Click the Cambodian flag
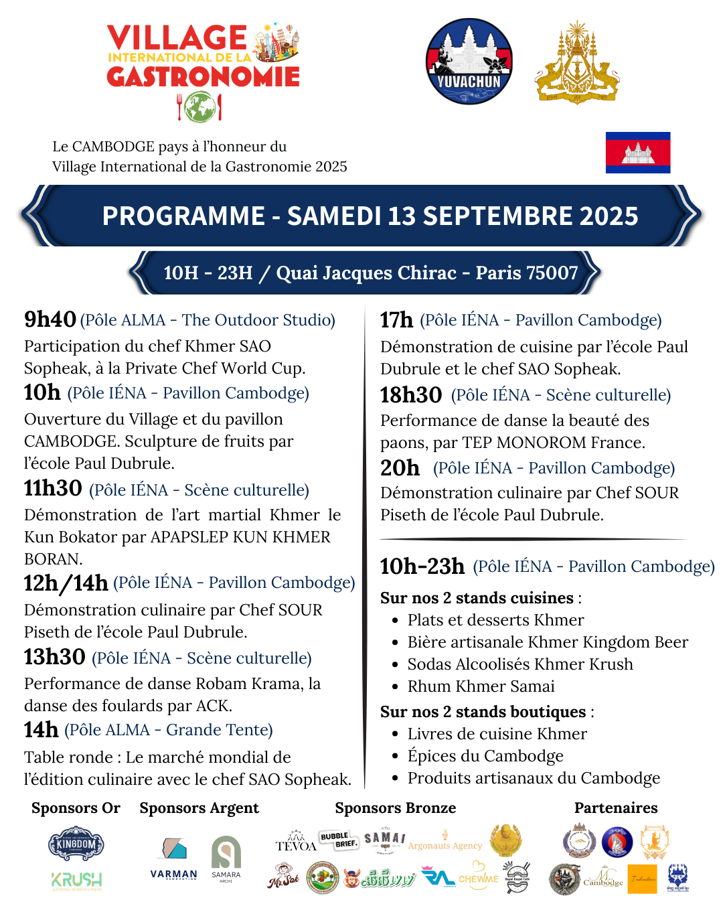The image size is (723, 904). pyautogui.click(x=637, y=153)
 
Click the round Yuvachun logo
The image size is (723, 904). pyautogui.click(x=469, y=62)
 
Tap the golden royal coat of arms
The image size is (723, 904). pyautogui.click(x=576, y=62)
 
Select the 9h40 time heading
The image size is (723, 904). pyautogui.click(x=50, y=319)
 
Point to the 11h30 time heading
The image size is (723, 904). pyautogui.click(x=53, y=488)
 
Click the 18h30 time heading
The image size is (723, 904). pyautogui.click(x=411, y=395)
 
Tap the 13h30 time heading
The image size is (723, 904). pyautogui.click(x=55, y=657)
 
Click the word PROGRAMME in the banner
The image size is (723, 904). pyautogui.click(x=183, y=216)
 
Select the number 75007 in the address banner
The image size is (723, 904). pyautogui.click(x=552, y=273)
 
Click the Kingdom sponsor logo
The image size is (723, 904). pyautogui.click(x=76, y=844)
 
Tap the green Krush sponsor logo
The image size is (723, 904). pyautogui.click(x=76, y=880)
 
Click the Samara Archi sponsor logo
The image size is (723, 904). pyautogui.click(x=226, y=858)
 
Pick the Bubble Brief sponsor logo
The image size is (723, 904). pyautogui.click(x=339, y=840)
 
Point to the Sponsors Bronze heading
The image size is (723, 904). pyautogui.click(x=395, y=808)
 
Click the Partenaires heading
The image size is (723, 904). pyautogui.click(x=616, y=808)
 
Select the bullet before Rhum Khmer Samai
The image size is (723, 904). pyautogui.click(x=395, y=687)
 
